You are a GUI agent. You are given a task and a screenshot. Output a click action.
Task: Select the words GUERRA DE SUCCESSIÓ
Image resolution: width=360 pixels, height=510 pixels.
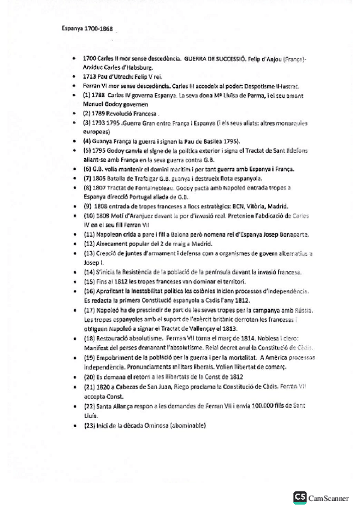click(x=213, y=60)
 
